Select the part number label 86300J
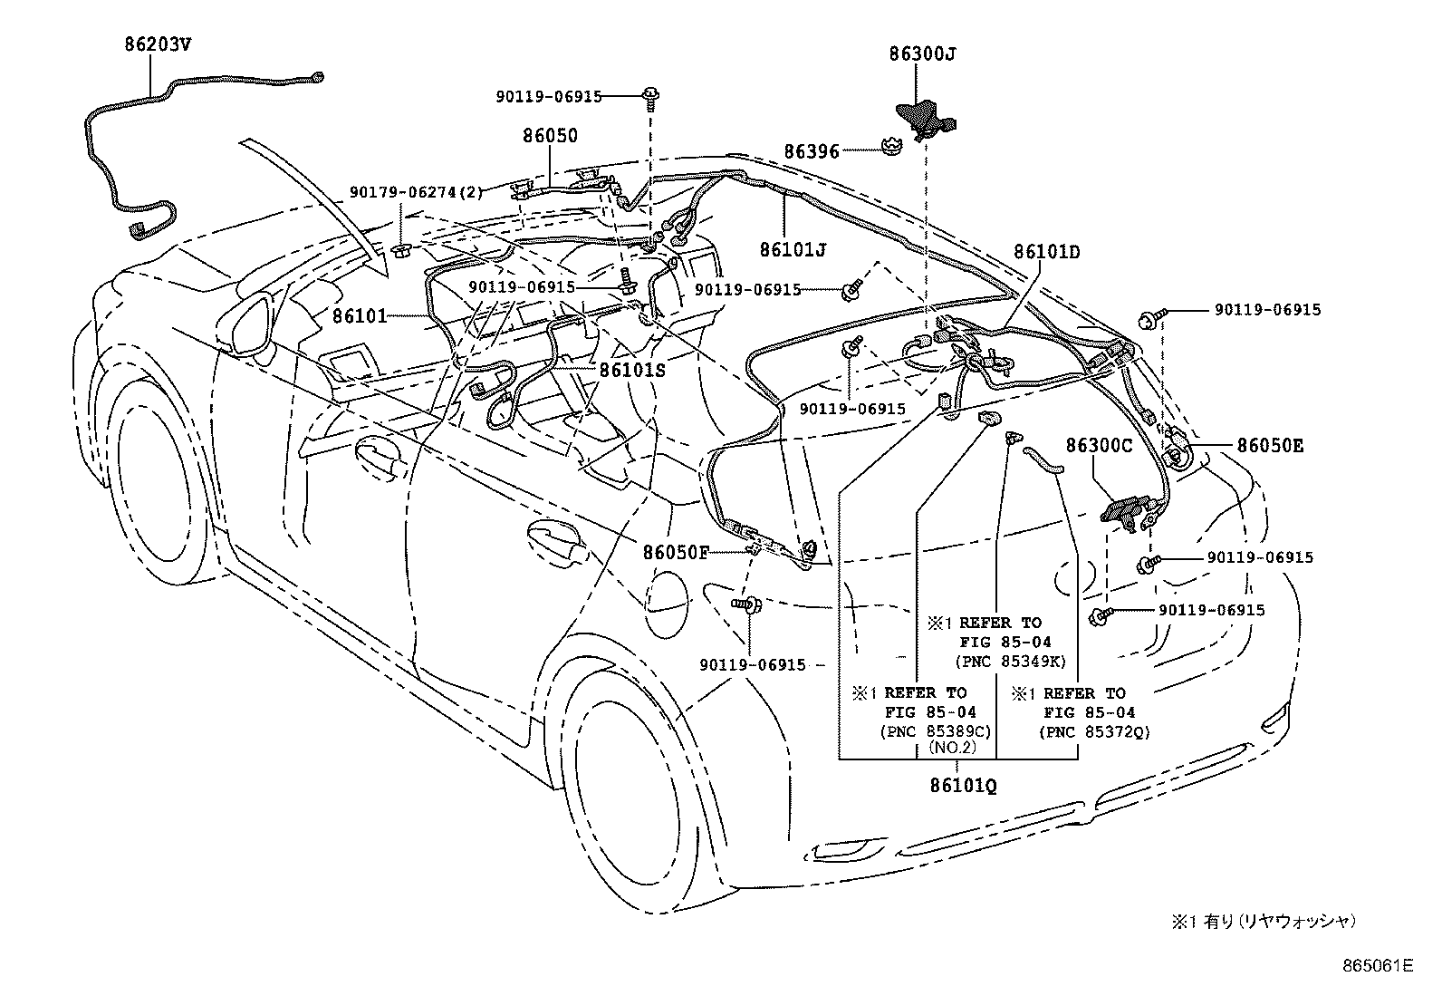tap(921, 54)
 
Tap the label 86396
tap(812, 152)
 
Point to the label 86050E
tap(1271, 446)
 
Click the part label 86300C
tap(1099, 446)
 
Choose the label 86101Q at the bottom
tap(962, 786)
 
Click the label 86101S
tap(631, 370)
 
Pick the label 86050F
tap(676, 551)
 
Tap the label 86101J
tap(793, 248)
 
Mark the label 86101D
tap(1046, 252)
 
